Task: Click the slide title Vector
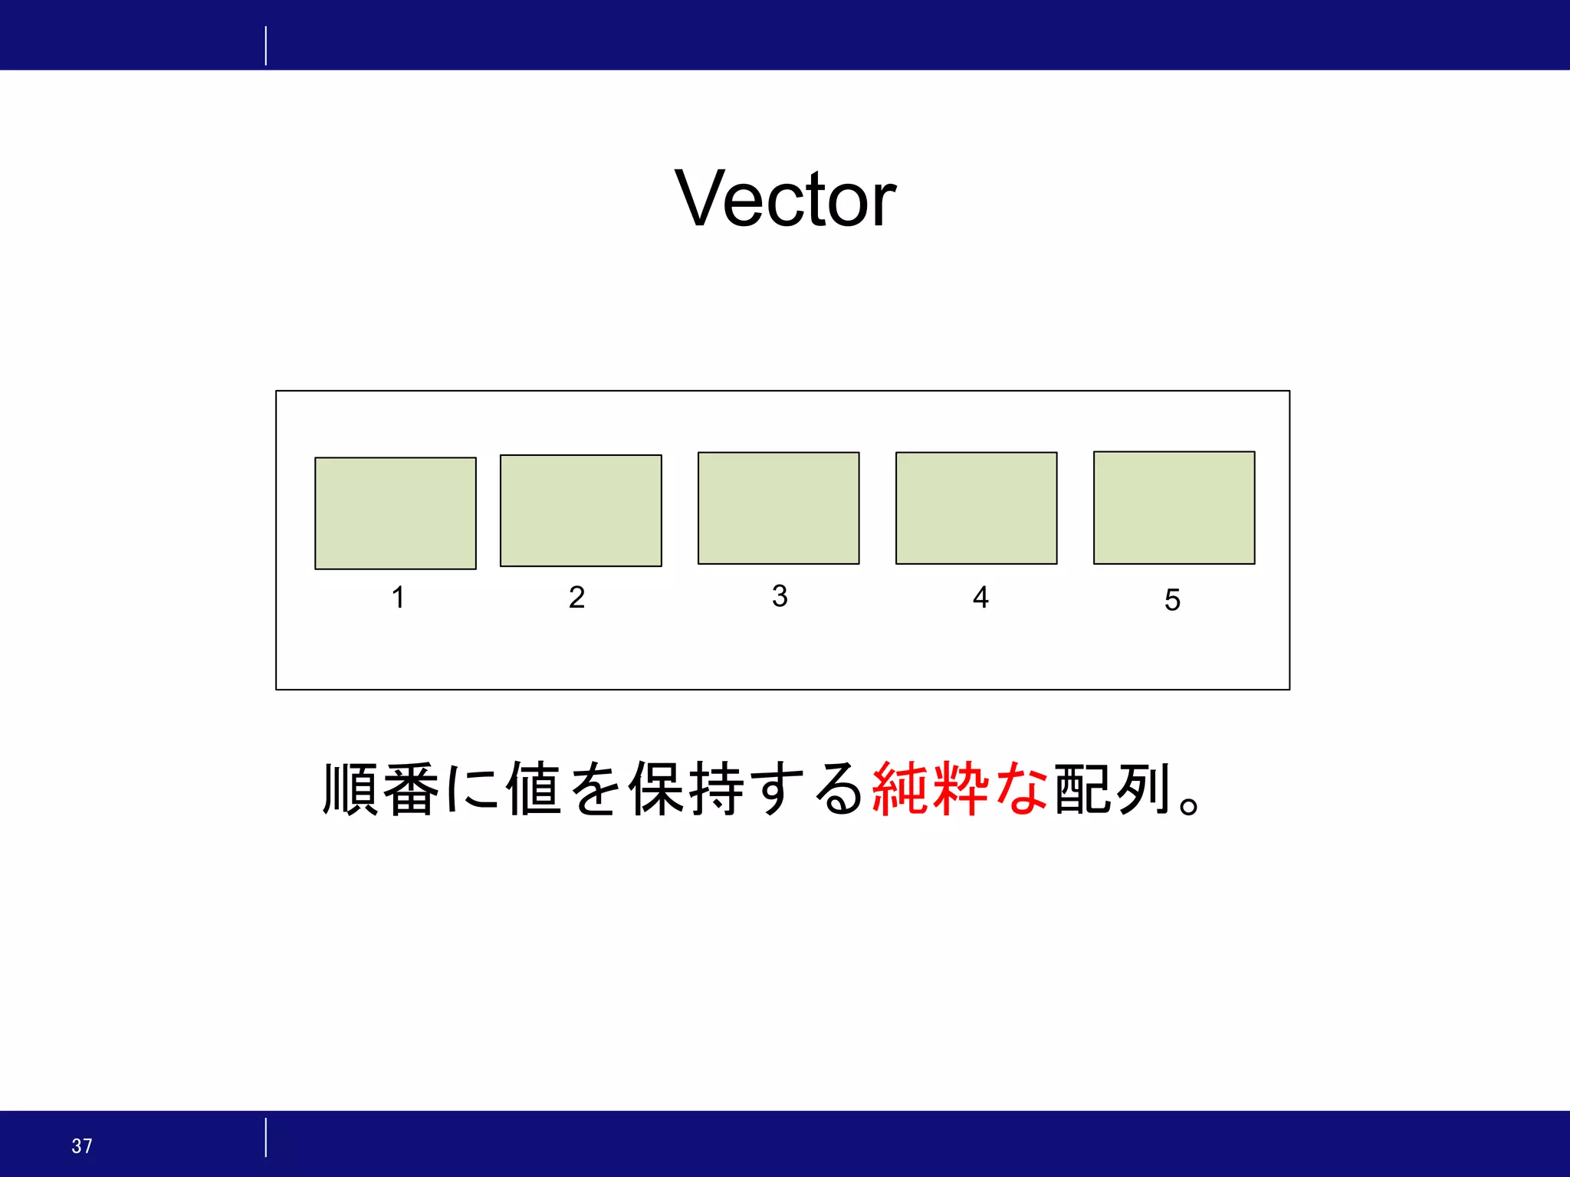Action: point(785,199)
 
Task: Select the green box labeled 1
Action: point(396,513)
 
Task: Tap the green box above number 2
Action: point(581,510)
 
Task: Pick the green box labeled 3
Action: point(778,508)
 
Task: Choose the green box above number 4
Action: point(976,508)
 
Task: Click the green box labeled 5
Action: point(1174,508)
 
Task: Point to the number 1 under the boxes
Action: point(398,597)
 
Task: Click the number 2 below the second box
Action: point(576,597)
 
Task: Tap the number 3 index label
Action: point(780,595)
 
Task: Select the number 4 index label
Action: point(980,597)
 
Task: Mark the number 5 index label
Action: point(1172,600)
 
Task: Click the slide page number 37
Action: point(82,1146)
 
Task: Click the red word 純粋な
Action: point(960,789)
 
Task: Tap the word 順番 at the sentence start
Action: point(381,789)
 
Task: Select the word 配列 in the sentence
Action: point(1112,789)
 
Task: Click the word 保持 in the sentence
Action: point(686,789)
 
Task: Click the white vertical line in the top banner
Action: point(266,45)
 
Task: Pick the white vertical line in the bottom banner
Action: point(266,1137)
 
